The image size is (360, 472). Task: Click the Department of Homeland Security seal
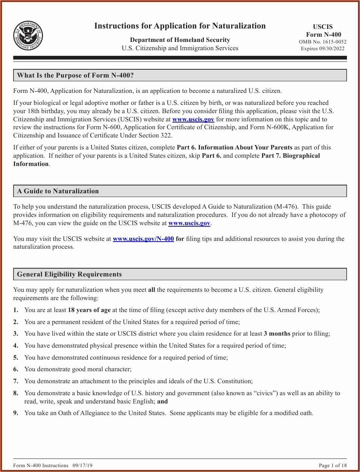click(28, 36)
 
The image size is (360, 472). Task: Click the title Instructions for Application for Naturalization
click(180, 26)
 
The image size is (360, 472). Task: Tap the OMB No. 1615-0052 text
click(323, 42)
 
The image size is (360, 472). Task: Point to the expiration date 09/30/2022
click(332, 48)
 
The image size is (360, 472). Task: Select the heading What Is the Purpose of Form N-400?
click(75, 75)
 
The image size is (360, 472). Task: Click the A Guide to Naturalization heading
click(58, 191)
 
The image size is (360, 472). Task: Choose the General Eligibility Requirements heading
click(69, 274)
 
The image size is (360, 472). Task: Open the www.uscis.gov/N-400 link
click(143, 239)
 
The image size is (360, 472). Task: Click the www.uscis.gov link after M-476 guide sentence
click(189, 223)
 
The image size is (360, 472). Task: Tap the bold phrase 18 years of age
click(89, 310)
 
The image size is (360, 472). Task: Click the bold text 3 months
click(277, 333)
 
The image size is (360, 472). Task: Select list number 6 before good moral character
click(16, 369)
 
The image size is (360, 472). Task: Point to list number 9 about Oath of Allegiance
click(16, 413)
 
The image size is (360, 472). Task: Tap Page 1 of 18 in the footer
click(333, 465)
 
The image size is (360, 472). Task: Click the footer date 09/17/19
click(82, 465)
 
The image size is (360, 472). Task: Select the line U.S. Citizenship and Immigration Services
click(180, 48)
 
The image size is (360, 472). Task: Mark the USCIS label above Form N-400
click(323, 27)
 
